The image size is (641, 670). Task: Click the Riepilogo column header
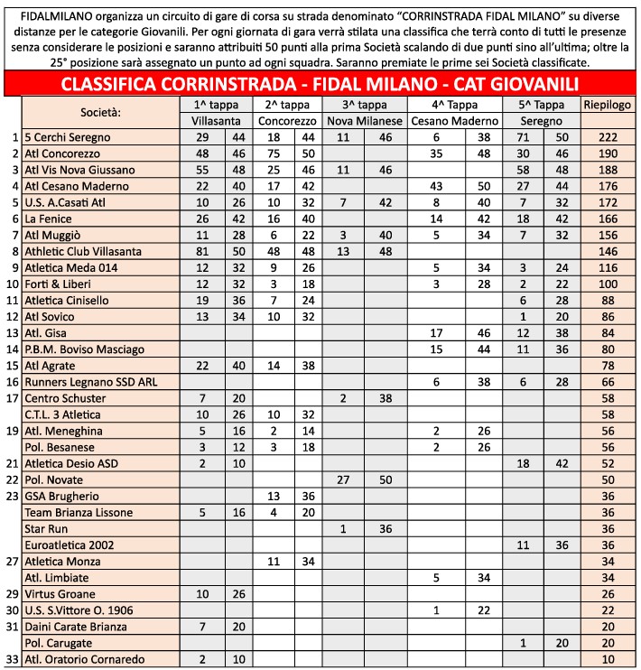[606, 105]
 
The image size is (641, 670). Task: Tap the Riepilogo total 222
[606, 137]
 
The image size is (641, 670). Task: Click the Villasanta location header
[216, 121]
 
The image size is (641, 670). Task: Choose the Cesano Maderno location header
[454, 121]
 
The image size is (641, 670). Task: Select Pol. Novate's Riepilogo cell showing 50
[606, 479]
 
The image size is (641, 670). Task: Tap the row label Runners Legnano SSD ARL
[89, 382]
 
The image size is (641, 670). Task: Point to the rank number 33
[11, 659]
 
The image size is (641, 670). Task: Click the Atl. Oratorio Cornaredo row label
[84, 659]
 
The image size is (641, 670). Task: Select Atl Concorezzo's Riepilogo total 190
[606, 154]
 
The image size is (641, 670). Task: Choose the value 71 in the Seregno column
[523, 137]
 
